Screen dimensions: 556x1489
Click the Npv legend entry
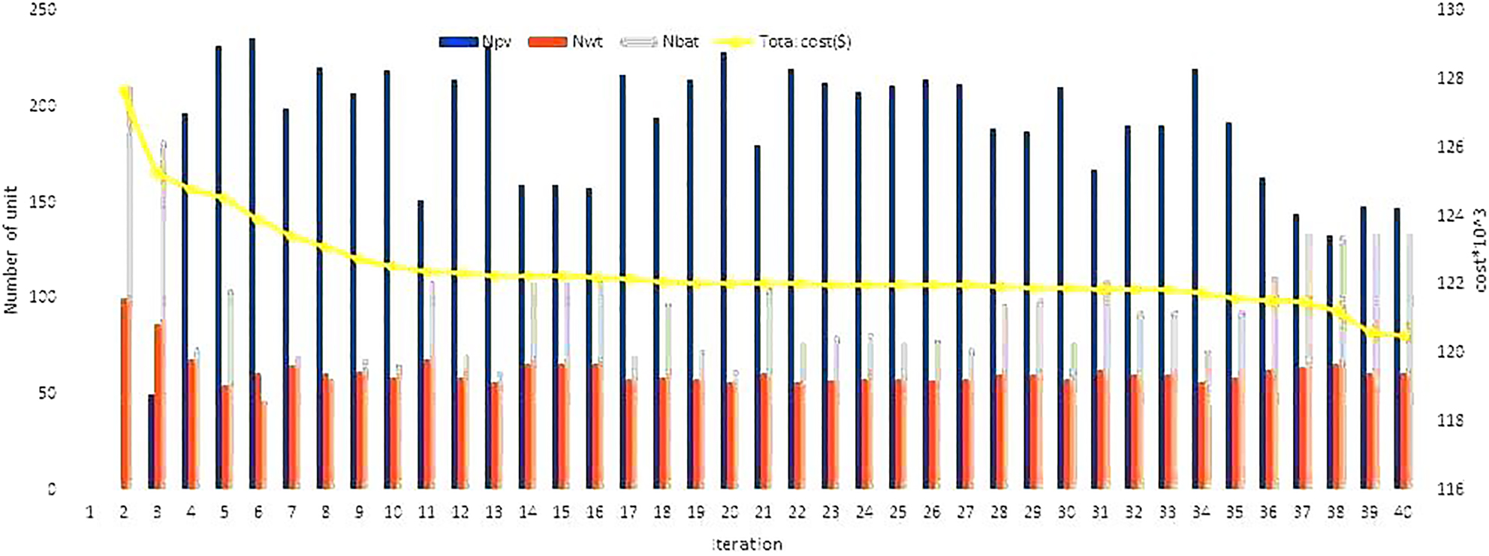(x=475, y=42)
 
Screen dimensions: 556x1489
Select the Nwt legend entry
(x=565, y=42)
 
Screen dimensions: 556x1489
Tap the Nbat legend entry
(x=660, y=42)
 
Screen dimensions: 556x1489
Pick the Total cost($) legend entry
(x=781, y=42)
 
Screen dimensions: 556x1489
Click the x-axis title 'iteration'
(x=747, y=544)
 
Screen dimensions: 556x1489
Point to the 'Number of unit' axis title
(x=11, y=250)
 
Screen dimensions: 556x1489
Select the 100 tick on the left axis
(x=42, y=297)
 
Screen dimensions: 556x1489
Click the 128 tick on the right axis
(x=1451, y=79)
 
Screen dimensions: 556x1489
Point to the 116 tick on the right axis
(x=1451, y=489)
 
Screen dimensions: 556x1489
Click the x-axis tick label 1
(x=90, y=512)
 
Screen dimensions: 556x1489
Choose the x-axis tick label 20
(x=729, y=512)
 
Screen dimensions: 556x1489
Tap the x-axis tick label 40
(x=1403, y=512)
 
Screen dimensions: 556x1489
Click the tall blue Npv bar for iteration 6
(x=252, y=263)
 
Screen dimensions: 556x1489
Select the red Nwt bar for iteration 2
(x=125, y=394)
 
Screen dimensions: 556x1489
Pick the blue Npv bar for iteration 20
(x=723, y=270)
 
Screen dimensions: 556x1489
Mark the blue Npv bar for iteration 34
(x=1195, y=278)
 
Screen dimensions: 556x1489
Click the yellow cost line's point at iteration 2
(x=125, y=92)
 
